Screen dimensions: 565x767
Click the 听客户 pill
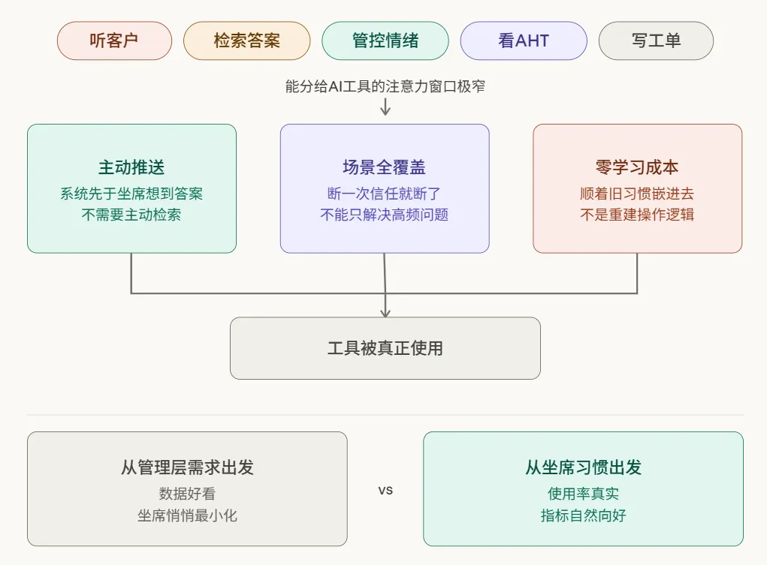click(x=114, y=41)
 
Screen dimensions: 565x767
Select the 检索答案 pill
click(x=246, y=41)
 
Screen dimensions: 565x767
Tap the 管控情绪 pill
click(x=385, y=41)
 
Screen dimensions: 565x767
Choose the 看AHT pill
click(x=524, y=41)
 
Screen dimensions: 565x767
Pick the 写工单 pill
click(x=656, y=41)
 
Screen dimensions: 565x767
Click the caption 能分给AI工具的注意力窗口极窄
click(x=385, y=86)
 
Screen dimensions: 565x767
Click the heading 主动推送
click(x=131, y=167)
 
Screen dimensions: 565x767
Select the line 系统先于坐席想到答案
click(x=131, y=194)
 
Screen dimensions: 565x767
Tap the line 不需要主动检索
click(x=131, y=215)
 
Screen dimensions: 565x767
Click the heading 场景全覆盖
click(x=385, y=167)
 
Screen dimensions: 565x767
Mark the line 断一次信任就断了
click(x=385, y=194)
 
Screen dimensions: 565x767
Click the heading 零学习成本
click(x=637, y=167)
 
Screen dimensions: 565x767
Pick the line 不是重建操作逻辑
click(x=637, y=215)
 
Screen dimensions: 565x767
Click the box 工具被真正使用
click(x=385, y=348)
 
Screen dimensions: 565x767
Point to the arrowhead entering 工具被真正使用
click(x=385, y=312)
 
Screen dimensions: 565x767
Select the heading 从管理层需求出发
click(x=187, y=467)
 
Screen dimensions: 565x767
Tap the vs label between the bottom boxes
click(x=385, y=491)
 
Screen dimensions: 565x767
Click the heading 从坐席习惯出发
click(x=583, y=467)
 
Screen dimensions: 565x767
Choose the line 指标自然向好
click(x=583, y=515)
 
